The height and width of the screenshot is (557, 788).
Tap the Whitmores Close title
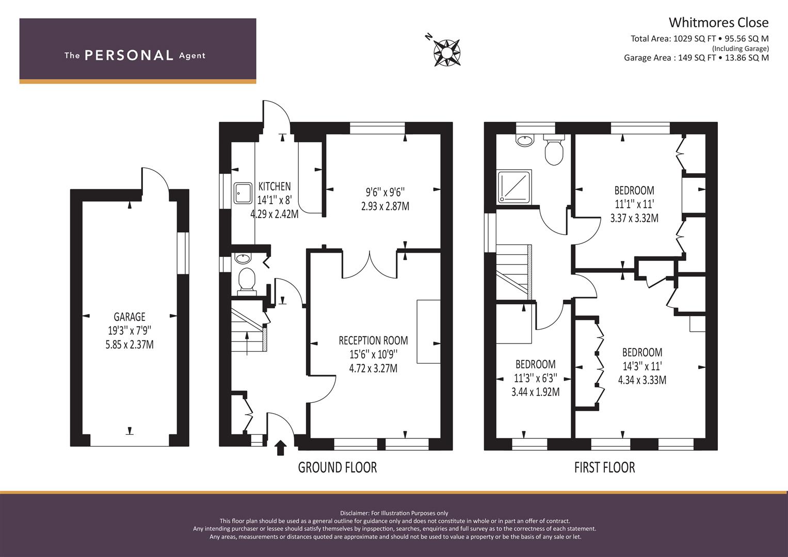click(x=718, y=23)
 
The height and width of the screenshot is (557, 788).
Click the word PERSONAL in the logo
click(x=129, y=55)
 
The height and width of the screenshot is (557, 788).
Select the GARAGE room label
click(x=130, y=317)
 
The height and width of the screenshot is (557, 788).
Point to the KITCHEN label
click(x=275, y=186)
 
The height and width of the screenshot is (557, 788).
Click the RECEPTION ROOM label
click(x=373, y=340)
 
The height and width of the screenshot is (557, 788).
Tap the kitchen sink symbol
click(x=243, y=193)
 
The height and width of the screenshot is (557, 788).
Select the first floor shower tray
click(x=514, y=187)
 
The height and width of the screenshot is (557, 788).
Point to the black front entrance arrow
click(x=280, y=448)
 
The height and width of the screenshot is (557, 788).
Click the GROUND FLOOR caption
click(x=337, y=467)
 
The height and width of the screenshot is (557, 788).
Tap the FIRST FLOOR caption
click(x=605, y=467)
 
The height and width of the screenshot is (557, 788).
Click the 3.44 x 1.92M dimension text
click(x=536, y=392)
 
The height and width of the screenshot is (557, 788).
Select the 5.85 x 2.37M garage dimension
click(x=130, y=345)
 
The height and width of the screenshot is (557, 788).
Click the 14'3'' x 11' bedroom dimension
click(x=642, y=366)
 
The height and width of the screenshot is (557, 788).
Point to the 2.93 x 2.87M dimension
click(x=385, y=206)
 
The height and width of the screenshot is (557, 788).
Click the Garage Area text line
click(x=696, y=58)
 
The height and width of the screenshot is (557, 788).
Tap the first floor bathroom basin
click(x=525, y=140)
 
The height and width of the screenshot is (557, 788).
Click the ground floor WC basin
click(x=243, y=259)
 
